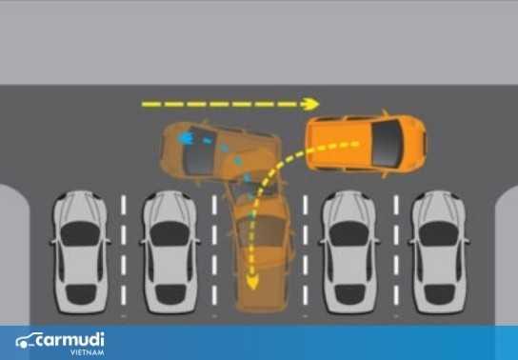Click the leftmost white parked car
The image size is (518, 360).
point(77,252)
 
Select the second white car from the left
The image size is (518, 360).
point(168,252)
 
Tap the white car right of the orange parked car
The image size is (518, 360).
point(349,252)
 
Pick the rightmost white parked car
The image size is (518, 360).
point(438,252)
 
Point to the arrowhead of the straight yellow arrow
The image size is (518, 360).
point(311,103)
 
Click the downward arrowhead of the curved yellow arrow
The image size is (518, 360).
point(252,283)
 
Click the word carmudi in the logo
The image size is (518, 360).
point(73,338)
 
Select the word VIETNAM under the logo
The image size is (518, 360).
point(85,351)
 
